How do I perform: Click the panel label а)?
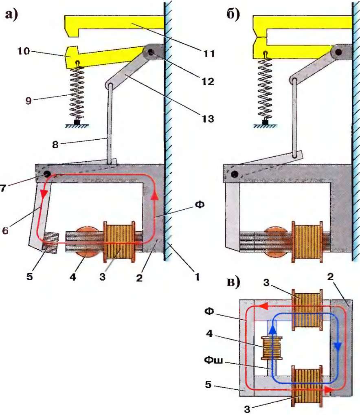pyautogui.click(x=12, y=15)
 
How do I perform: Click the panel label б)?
pyautogui.click(x=233, y=15)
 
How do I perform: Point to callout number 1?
pyautogui.click(x=197, y=278)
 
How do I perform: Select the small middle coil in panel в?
pyautogui.click(x=272, y=348)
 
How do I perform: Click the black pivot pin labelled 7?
pyautogui.click(x=47, y=174)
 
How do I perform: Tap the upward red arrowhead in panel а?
pyautogui.click(x=154, y=195)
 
